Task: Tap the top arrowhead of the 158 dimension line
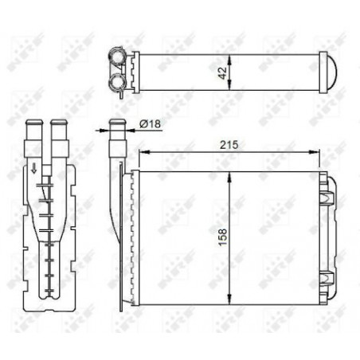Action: pyautogui.click(x=230, y=174)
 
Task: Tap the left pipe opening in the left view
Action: pyautogui.click(x=33, y=124)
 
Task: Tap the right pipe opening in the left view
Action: pyautogui.click(x=57, y=124)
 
